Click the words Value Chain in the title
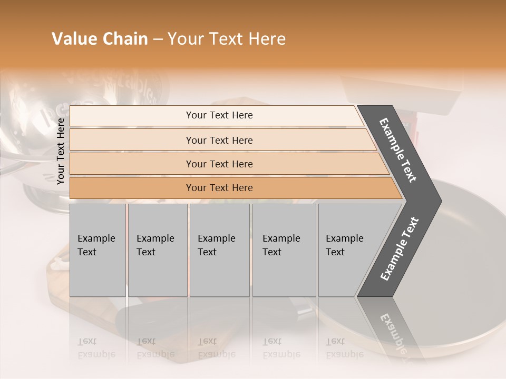100,39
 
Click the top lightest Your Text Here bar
219,115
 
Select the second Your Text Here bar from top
219,140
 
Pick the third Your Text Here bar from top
219,164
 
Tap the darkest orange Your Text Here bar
219,188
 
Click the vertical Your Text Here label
61,151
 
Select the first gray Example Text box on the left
98,250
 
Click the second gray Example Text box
157,250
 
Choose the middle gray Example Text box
219,250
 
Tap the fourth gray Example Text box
284,250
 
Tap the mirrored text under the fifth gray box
344,348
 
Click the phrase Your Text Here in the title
227,39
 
